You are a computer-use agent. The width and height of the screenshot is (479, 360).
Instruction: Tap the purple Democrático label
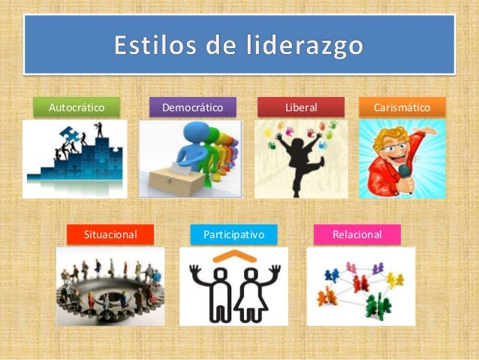click(x=193, y=107)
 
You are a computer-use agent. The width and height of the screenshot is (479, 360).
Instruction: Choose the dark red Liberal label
click(x=301, y=107)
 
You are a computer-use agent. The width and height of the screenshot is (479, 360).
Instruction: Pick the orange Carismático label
click(x=402, y=107)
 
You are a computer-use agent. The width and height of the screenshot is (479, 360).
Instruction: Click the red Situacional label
click(x=110, y=234)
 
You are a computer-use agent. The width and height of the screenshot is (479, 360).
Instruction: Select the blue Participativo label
click(x=233, y=234)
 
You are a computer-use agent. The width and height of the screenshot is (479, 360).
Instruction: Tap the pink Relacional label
click(x=357, y=234)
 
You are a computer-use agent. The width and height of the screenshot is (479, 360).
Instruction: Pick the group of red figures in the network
click(x=361, y=283)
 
